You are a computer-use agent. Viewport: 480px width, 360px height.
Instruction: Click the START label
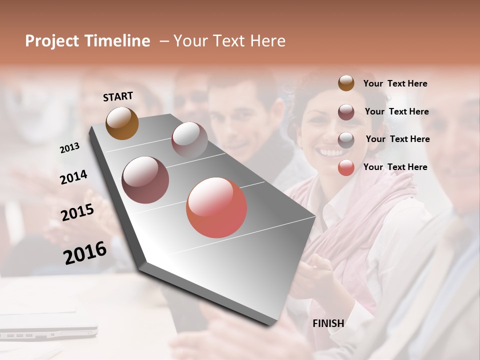[118, 96]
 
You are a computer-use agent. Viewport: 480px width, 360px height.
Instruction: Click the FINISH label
[328, 323]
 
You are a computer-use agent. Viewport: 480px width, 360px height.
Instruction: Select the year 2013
[69, 147]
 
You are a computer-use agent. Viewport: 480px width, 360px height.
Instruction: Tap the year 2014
[73, 177]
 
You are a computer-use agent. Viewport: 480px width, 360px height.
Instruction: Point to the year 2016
[85, 252]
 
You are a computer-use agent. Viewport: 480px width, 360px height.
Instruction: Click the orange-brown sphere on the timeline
[122, 123]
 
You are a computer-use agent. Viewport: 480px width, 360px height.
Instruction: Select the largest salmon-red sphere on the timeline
[216, 207]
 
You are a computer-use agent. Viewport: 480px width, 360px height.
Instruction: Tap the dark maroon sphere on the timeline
[145, 180]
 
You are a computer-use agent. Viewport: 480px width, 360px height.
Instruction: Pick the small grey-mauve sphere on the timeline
[189, 140]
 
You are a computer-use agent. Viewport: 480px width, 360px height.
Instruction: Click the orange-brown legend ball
[346, 83]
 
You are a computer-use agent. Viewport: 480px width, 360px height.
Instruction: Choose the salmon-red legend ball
[346, 167]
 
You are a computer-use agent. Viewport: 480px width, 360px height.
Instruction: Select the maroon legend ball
[346, 112]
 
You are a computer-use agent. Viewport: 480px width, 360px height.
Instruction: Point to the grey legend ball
[346, 140]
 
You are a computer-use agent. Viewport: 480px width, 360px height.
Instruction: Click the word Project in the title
[51, 41]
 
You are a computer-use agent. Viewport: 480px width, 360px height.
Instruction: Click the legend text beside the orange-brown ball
[395, 83]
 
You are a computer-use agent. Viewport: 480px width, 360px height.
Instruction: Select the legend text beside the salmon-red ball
[395, 167]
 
